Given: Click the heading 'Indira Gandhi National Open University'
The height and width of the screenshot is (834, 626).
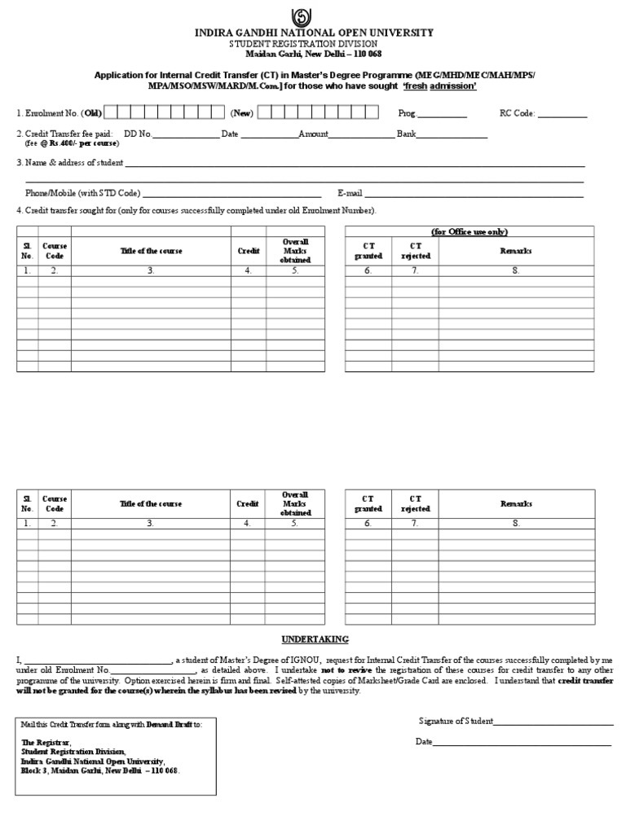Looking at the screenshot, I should click(313, 33).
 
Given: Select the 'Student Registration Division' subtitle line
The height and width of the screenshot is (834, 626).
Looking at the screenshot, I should click(313, 43).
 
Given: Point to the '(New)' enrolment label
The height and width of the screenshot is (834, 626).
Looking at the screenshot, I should click(241, 113).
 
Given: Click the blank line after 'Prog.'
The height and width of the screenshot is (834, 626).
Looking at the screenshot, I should click(443, 114).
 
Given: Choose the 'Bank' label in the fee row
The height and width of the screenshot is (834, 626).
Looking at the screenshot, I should click(407, 134).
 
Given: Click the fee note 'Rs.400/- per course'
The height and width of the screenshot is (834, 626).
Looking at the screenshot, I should click(76, 143).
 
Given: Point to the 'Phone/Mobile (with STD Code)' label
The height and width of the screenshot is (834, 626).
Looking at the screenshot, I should click(83, 193).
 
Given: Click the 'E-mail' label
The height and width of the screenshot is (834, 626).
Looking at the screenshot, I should click(350, 193).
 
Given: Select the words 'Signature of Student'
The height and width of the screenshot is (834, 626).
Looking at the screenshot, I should click(455, 721).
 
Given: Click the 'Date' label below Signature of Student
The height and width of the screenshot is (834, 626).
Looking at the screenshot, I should click(424, 741).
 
